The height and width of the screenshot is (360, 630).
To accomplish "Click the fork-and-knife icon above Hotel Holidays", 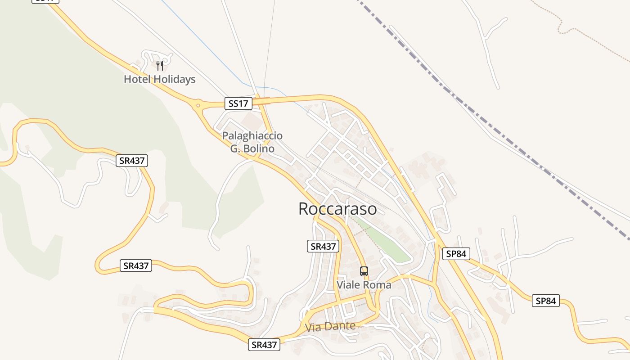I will tap(159, 66).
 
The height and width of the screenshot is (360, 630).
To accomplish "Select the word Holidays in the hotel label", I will tap(174, 79).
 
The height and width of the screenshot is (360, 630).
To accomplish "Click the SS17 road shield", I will tap(238, 103).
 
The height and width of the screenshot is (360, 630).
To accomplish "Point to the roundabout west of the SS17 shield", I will tap(197, 106).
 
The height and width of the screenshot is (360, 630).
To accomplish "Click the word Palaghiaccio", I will tap(252, 135).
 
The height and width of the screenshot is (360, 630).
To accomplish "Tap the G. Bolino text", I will tap(252, 148).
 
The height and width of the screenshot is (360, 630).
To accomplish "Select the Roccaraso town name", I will tap(337, 209).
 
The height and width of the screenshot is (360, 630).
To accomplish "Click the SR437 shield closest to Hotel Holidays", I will tap(132, 161).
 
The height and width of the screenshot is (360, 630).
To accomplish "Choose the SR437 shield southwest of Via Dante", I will tap(264, 345).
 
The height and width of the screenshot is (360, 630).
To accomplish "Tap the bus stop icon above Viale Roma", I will tap(364, 271).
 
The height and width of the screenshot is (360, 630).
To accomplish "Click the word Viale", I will tap(348, 285).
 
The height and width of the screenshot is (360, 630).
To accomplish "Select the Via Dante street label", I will tap(330, 326).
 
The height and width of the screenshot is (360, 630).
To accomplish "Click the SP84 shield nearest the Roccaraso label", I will tap(456, 254).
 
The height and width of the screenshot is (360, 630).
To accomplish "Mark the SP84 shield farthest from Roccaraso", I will tap(546, 301).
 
